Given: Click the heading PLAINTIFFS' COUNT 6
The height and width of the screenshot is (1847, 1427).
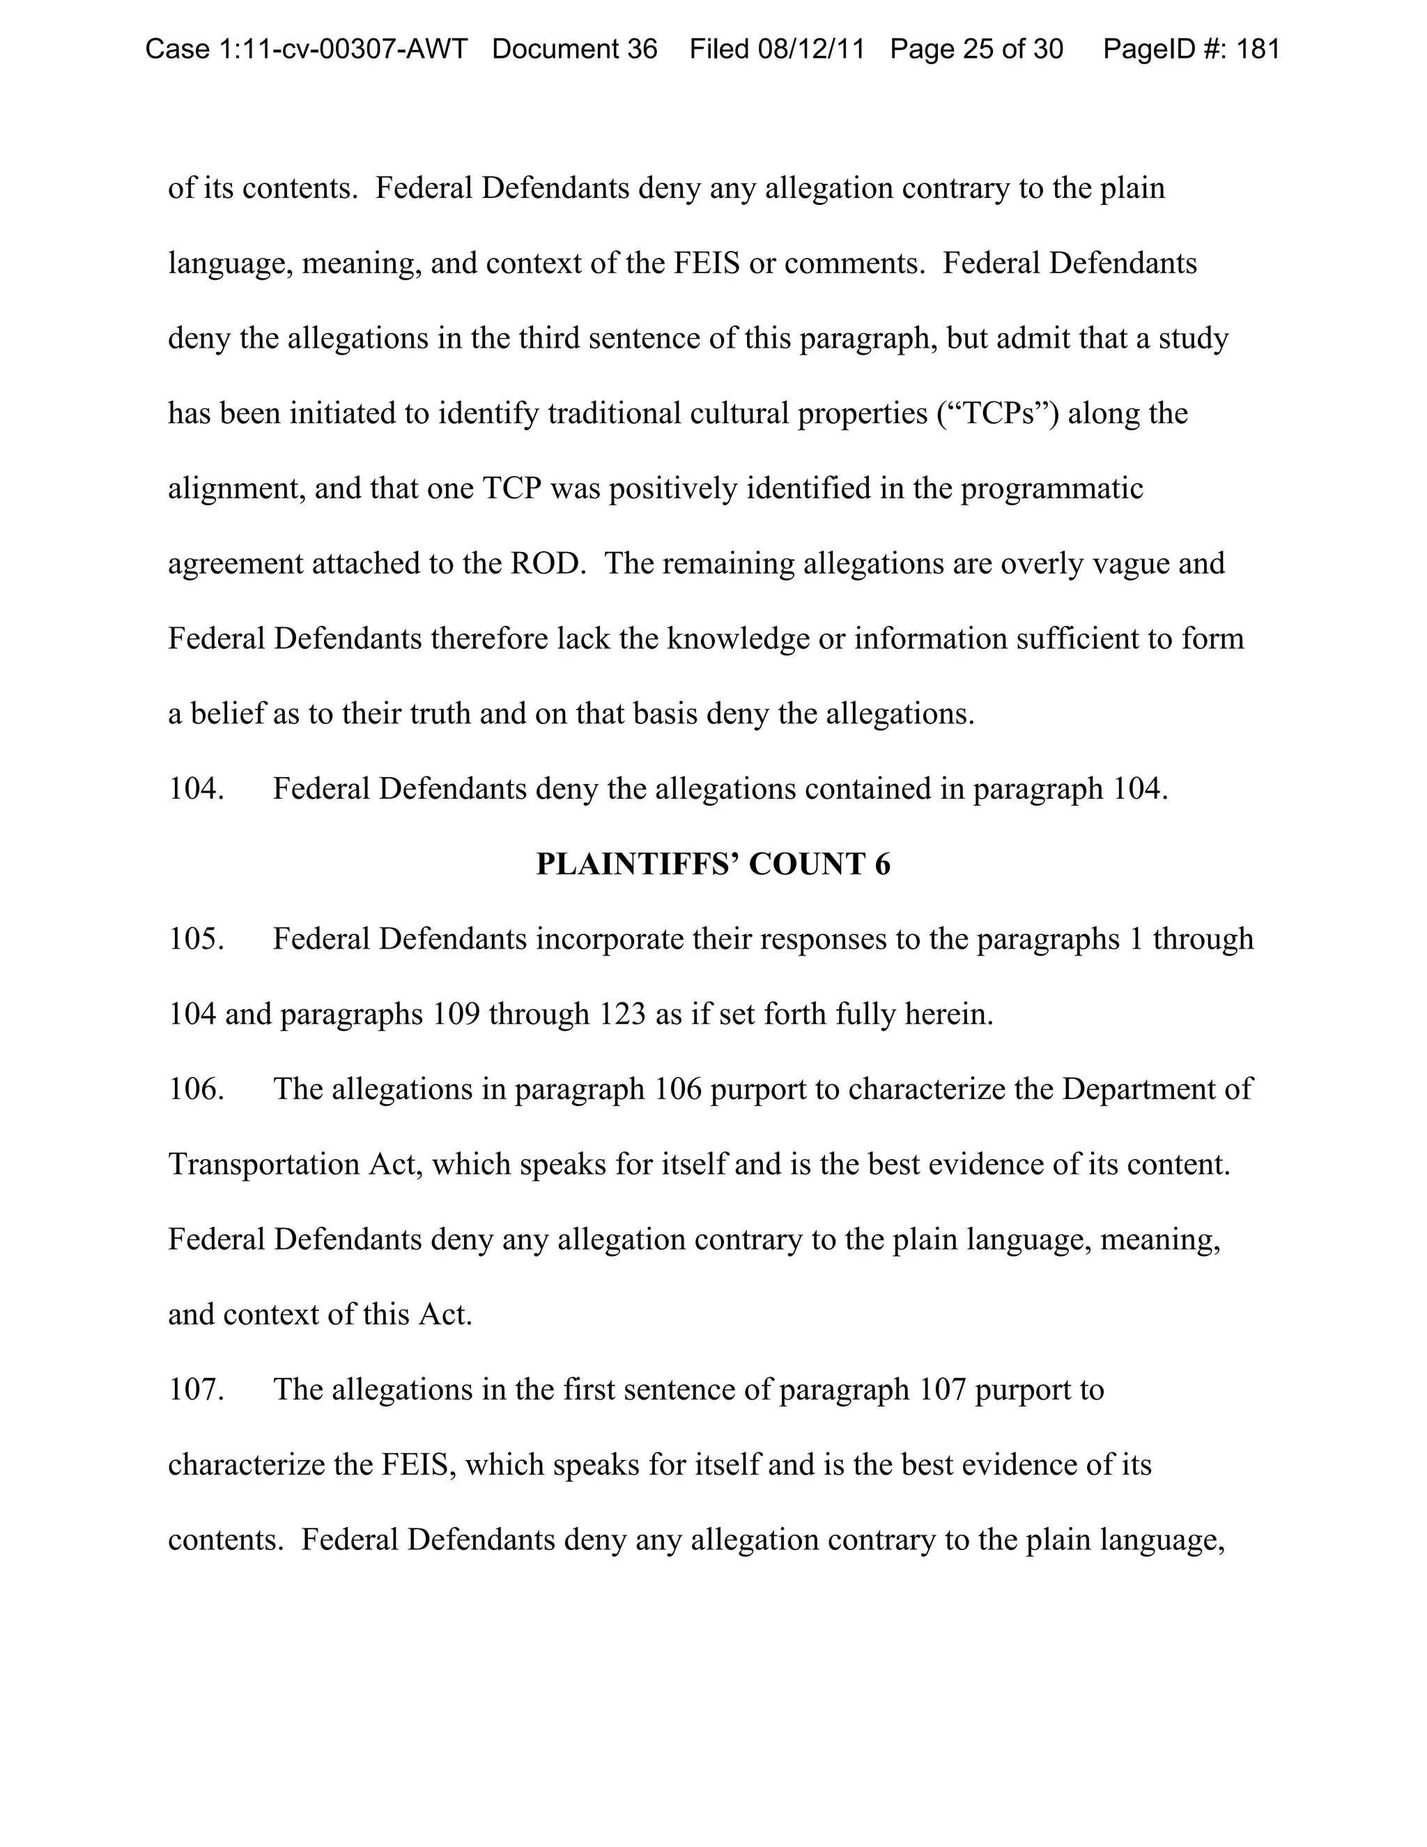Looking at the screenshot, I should click(x=713, y=864).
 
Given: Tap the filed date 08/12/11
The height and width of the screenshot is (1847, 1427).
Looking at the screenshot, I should click(x=811, y=49).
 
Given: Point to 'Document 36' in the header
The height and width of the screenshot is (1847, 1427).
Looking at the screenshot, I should click(x=574, y=49).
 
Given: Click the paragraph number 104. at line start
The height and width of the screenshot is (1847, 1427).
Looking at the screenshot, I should click(x=196, y=789).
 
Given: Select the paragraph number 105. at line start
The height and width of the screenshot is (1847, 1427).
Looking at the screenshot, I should click(x=196, y=939).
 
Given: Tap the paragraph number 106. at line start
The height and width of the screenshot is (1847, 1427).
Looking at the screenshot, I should click(x=196, y=1089).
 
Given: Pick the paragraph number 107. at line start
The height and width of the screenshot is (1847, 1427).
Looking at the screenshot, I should click(x=196, y=1390).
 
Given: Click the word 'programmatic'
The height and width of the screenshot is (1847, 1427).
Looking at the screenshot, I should click(x=1051, y=489).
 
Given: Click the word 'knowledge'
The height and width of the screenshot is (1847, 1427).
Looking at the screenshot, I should click(x=738, y=638).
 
